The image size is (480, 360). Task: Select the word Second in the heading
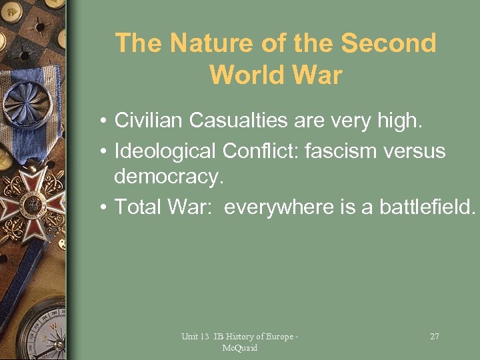[x=389, y=43]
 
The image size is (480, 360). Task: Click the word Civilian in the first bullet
[x=149, y=121]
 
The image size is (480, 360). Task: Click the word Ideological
[x=165, y=151]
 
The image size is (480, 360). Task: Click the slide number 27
[x=434, y=337]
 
